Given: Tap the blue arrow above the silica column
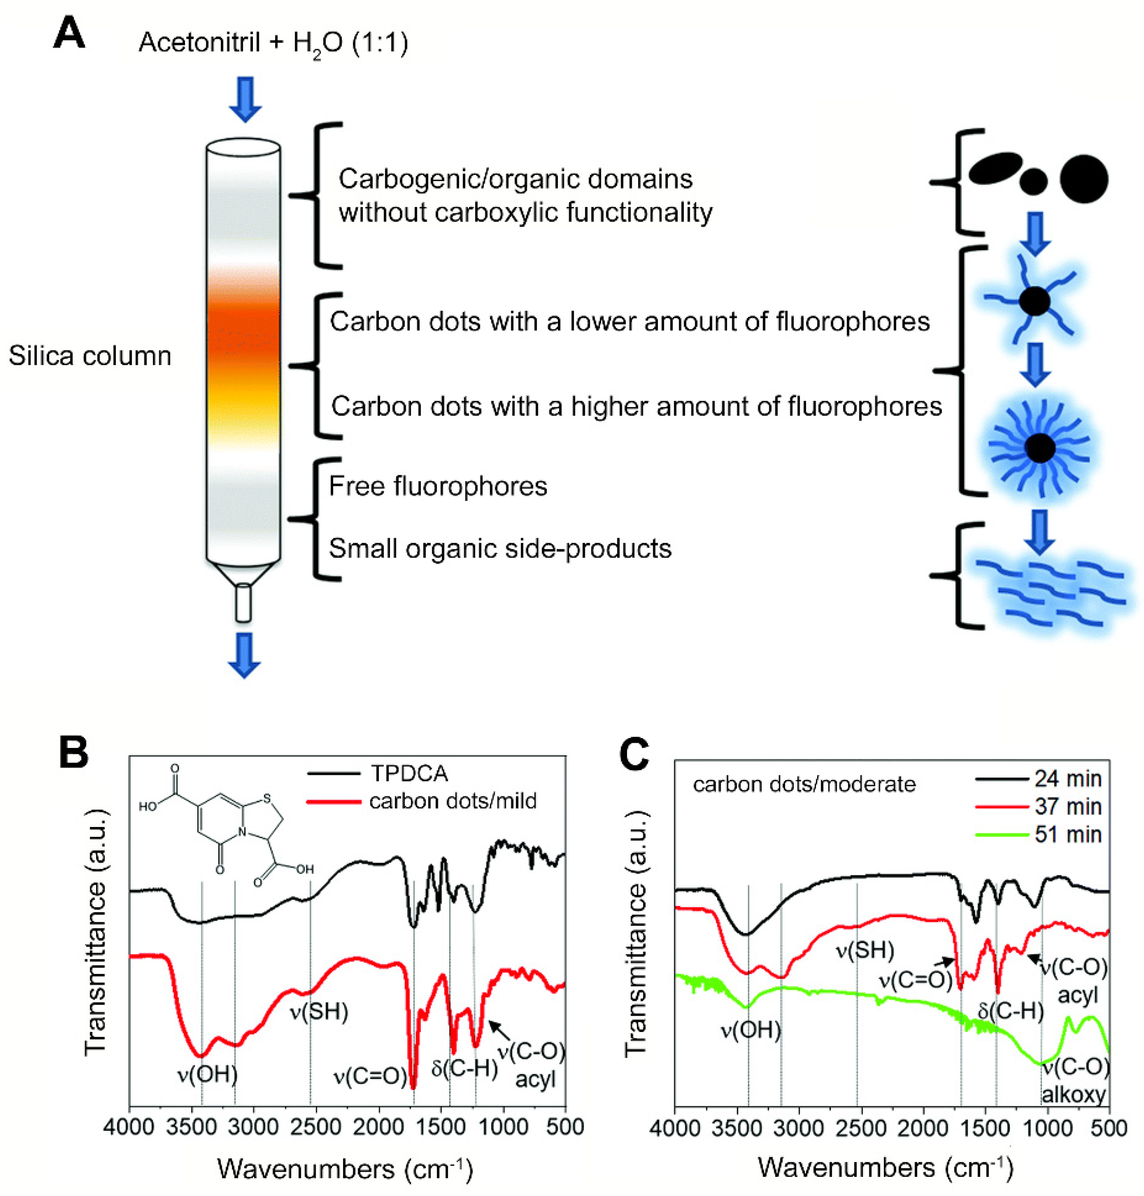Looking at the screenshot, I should (245, 99).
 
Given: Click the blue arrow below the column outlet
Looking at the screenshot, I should (244, 655).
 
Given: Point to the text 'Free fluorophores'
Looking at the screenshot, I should (438, 487).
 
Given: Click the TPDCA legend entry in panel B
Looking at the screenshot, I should (409, 773).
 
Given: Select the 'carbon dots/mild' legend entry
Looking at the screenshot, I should (453, 801).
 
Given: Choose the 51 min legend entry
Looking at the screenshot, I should (1068, 834).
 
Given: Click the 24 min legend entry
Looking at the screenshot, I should (1068, 779).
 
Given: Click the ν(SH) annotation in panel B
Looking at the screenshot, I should (318, 1012).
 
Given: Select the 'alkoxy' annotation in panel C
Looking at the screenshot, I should (1073, 1095).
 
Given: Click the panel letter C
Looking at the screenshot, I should (634, 755).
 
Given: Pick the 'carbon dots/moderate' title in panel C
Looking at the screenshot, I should (804, 784).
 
